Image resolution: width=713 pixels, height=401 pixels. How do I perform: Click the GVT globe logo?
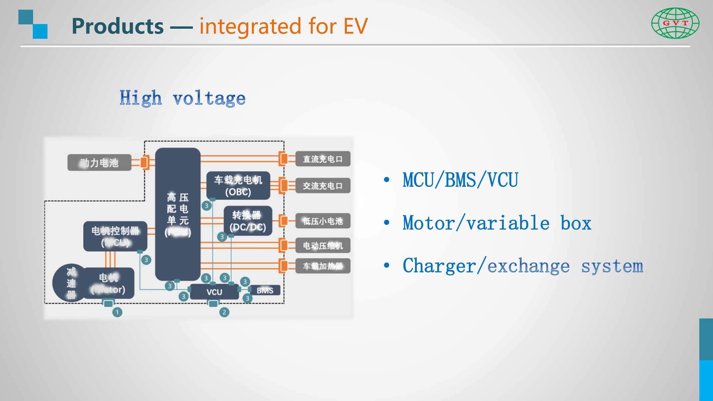point(675,23)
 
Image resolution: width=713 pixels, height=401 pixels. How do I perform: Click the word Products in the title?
point(118,26)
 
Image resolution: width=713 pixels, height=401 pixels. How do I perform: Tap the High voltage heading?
point(183,98)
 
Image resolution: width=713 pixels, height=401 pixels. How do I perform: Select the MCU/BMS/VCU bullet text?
point(460,180)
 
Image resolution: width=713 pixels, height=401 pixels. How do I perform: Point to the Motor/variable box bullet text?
point(497,223)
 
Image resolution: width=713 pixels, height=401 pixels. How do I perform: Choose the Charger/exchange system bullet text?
point(523,266)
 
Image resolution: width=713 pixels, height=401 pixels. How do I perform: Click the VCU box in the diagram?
point(214,292)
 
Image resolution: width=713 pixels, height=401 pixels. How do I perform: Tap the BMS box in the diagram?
point(265,290)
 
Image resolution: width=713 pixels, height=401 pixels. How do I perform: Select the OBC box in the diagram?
point(238,185)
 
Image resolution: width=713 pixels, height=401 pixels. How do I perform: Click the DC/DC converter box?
point(248,221)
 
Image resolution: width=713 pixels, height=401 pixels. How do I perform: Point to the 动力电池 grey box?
point(99,163)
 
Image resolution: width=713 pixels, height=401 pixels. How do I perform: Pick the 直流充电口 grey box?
point(323,159)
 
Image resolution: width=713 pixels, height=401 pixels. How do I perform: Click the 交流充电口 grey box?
point(323,186)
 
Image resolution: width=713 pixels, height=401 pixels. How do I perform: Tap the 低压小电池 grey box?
point(323,221)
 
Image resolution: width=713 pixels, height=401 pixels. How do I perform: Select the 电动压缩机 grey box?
point(323,246)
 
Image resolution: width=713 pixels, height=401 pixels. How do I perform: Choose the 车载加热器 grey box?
point(323,266)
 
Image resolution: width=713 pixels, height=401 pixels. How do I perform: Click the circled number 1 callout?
point(117,312)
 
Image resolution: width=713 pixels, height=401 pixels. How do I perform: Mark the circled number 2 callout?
point(224,312)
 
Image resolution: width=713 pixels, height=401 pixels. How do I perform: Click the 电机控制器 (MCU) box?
point(115,236)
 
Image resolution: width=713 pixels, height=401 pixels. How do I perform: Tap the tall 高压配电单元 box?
point(178,214)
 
